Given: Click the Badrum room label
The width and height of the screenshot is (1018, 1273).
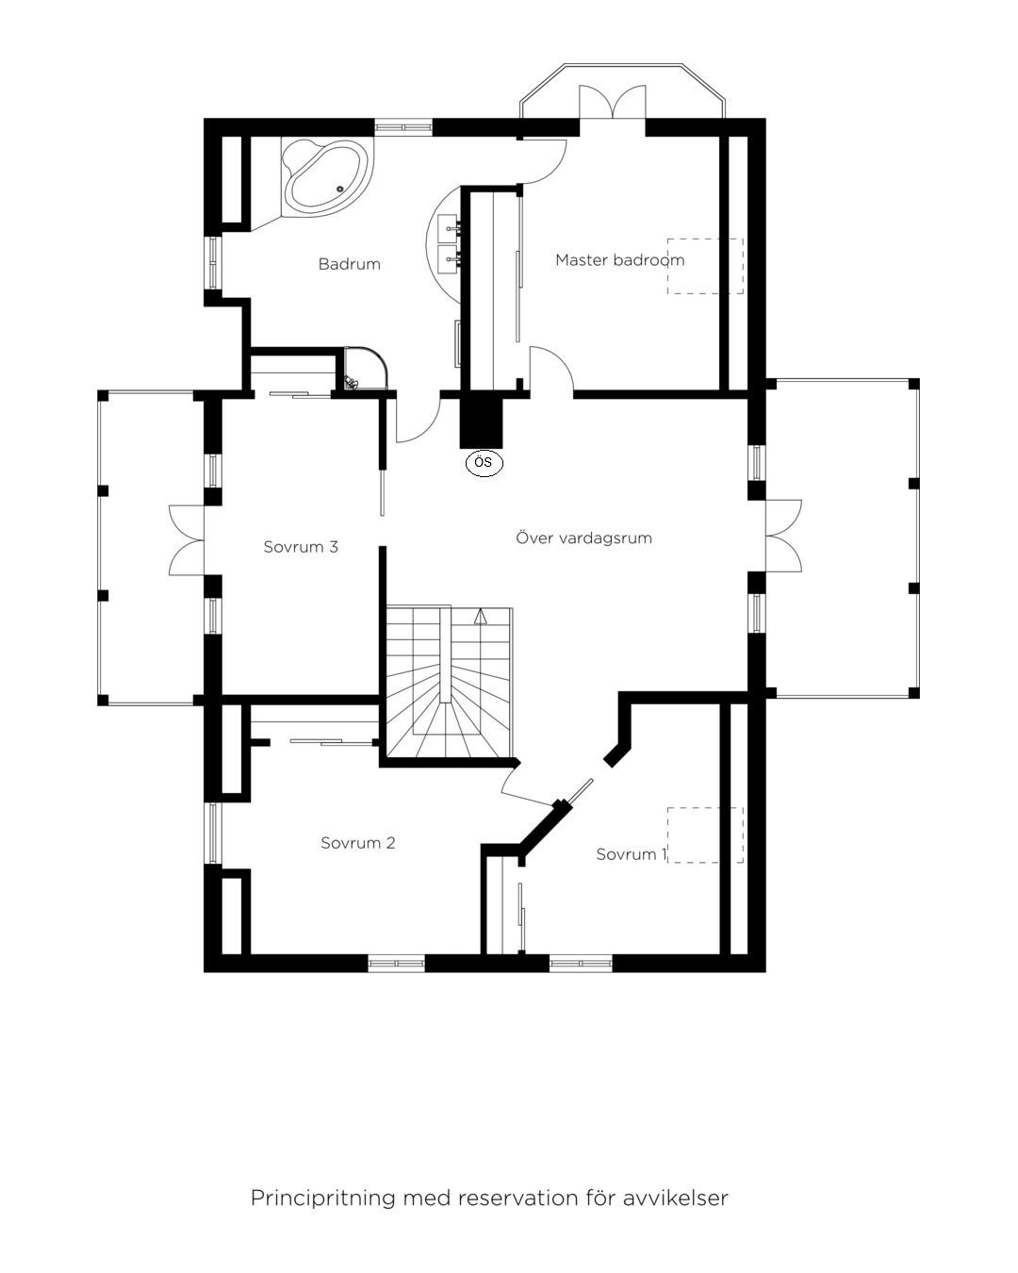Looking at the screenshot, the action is click(349, 264).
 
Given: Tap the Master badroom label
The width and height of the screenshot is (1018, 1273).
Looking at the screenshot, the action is click(620, 259).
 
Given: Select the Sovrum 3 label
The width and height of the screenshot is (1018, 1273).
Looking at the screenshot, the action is click(301, 547).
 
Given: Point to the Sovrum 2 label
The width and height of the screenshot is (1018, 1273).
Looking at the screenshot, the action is click(358, 843).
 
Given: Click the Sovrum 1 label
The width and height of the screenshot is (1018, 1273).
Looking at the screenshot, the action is click(632, 854).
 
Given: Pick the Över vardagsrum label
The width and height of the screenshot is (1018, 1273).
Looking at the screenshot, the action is click(583, 537).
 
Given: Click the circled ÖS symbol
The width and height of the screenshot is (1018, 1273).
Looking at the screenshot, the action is click(484, 463).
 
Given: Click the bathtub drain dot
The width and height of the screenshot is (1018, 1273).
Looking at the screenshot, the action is click(340, 189).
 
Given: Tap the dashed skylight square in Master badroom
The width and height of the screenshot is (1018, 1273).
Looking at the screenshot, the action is click(705, 266).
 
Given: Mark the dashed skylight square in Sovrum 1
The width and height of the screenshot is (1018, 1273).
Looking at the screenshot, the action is click(705, 835).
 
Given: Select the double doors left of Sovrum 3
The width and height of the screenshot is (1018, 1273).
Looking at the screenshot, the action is click(187, 539).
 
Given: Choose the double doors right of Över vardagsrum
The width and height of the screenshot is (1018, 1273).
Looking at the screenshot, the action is click(783, 536).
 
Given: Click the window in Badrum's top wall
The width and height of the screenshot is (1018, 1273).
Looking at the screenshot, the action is click(403, 127).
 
